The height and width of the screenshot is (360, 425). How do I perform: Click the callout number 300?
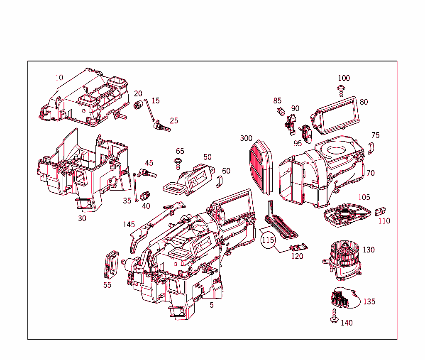coord(246,138)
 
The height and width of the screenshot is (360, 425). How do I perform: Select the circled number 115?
coord(268,240)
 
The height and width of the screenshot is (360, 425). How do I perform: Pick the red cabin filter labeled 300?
coord(262,167)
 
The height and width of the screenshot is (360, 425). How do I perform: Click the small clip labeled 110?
coord(381,211)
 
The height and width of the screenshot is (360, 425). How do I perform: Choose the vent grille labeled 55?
coord(111,264)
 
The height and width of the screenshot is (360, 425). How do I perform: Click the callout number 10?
coord(59,78)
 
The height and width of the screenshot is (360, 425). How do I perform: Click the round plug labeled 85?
coord(281,111)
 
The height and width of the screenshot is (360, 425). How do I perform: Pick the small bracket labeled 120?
coord(298,247)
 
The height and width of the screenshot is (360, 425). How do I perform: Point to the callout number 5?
coord(212,305)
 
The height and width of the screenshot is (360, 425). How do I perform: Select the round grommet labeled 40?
coord(145,195)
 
